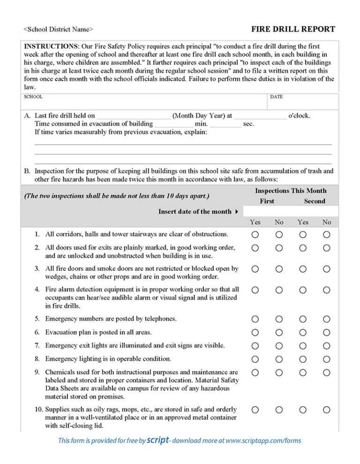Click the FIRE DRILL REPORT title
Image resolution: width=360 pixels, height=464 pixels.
(x=293, y=29)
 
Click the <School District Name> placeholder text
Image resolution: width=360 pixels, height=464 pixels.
(x=58, y=30)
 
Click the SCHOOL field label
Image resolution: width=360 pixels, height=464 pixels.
(x=33, y=97)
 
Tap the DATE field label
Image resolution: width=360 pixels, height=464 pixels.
(x=276, y=97)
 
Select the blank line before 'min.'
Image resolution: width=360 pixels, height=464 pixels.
(x=173, y=124)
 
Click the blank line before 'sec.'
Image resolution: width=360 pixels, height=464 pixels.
(x=225, y=124)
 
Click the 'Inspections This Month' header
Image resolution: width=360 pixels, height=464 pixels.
(x=291, y=191)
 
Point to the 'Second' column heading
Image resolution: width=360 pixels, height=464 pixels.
(x=314, y=201)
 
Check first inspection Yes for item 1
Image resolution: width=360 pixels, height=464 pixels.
(x=255, y=234)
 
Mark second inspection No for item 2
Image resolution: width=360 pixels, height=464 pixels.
(x=327, y=248)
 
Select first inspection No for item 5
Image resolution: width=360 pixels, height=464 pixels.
(x=279, y=319)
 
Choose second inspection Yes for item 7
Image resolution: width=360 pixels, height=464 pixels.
(x=303, y=346)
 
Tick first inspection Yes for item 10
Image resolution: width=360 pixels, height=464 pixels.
(x=255, y=410)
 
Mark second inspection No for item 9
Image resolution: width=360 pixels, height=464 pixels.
(x=327, y=373)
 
